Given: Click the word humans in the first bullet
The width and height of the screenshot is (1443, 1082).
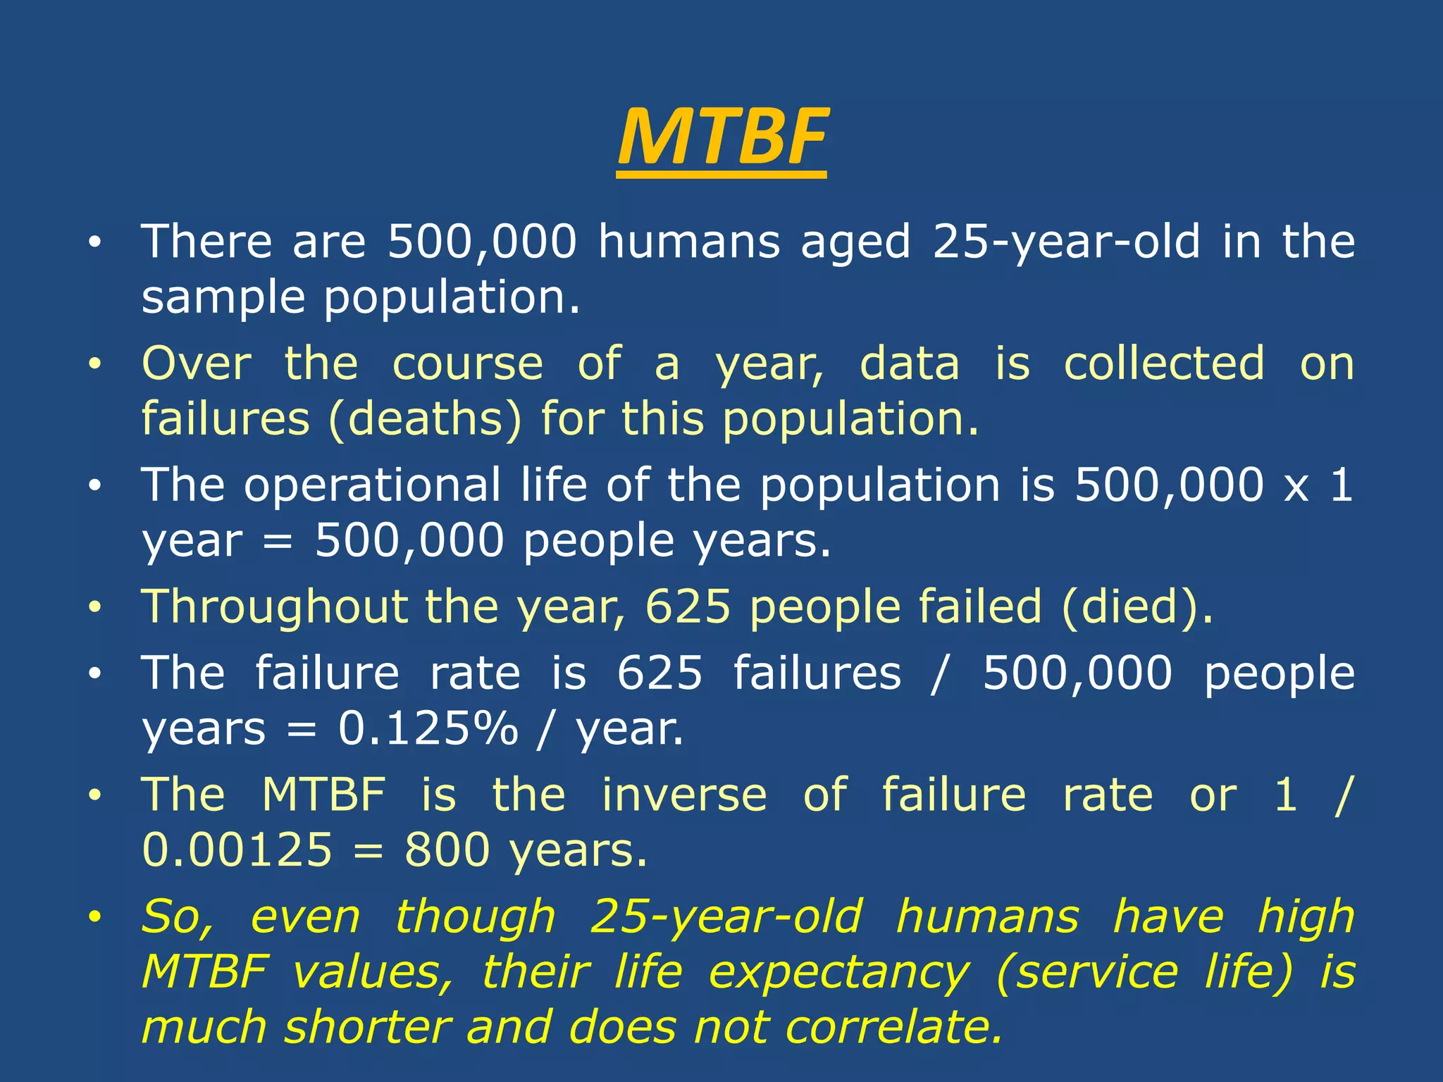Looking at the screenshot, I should click(688, 242).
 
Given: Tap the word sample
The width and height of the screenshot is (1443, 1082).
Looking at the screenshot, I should click(223, 298).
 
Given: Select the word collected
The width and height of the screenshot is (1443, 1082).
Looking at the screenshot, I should click(1163, 363).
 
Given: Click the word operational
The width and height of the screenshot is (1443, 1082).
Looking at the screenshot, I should click(372, 485).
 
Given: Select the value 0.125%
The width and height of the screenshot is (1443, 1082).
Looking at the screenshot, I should click(428, 728).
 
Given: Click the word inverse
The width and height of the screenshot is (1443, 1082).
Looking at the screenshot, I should click(683, 795).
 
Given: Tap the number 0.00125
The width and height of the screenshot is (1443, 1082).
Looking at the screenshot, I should click(237, 850).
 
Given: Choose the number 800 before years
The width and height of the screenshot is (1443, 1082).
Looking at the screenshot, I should click(446, 850).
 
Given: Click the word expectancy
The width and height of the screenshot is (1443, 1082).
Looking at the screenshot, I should click(838, 974).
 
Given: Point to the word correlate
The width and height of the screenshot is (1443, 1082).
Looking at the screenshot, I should click(893, 1027).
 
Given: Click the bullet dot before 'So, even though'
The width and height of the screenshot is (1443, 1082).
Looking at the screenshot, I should click(95, 917).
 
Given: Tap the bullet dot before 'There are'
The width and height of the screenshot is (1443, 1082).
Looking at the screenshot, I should click(95, 243).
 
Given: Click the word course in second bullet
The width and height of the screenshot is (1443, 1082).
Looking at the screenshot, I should click(467, 363).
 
